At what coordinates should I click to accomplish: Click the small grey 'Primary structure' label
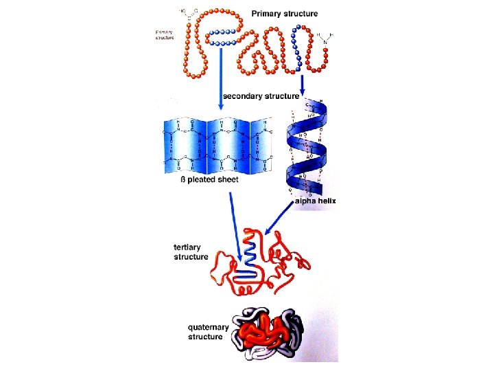pyautogui.click(x=165, y=34)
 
